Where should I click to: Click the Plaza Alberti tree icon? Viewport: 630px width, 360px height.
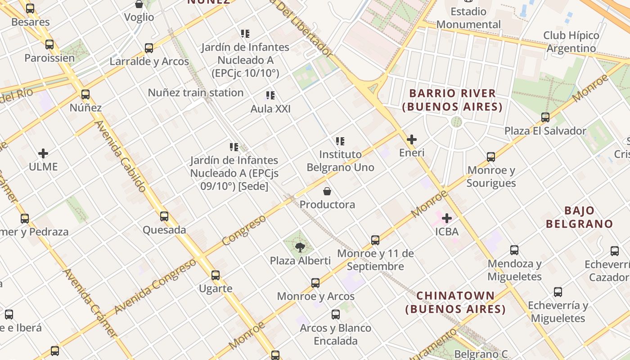300,247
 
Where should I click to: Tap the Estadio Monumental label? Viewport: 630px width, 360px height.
468,18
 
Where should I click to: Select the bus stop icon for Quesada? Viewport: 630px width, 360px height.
164,216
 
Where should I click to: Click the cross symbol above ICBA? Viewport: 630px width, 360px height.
447,218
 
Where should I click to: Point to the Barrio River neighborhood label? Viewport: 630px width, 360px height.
452,100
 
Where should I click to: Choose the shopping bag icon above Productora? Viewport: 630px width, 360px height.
327,191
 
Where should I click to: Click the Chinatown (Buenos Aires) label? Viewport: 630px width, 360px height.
455,302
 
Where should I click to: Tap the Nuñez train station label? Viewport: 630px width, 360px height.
196,93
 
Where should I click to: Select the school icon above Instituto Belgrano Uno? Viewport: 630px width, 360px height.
340,141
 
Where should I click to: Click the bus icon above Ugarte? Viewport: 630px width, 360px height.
216,275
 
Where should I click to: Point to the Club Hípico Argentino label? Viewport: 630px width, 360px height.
571,42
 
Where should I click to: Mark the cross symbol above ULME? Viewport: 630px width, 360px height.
43,153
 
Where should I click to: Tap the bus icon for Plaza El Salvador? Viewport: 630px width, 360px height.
545,117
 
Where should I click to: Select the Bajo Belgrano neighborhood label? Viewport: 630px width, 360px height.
579,217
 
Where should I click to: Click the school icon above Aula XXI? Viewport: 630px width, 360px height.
270,95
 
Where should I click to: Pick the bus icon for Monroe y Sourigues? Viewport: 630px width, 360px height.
491,157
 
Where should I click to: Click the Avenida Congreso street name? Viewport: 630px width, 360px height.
155,287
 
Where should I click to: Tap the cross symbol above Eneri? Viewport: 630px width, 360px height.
411,139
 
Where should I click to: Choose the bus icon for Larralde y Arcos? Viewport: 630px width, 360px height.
149,48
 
